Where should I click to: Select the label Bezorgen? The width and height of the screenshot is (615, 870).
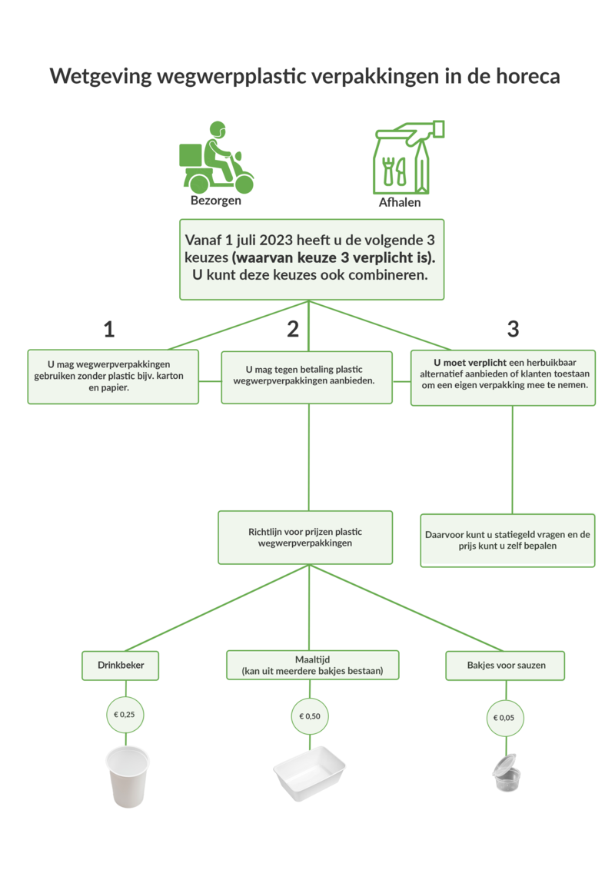(x=216, y=201)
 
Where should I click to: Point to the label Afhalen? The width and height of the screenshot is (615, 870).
(x=400, y=204)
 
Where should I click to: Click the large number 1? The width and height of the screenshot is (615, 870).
(x=109, y=329)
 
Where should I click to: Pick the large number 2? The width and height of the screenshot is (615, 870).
(x=293, y=329)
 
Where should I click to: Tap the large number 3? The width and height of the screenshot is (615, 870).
(x=513, y=329)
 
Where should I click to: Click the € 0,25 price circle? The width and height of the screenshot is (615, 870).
(x=124, y=715)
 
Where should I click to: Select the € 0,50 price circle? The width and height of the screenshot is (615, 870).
(x=310, y=716)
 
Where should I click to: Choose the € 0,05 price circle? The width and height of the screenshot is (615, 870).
(x=505, y=719)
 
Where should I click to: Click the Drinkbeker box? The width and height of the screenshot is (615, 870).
(x=121, y=665)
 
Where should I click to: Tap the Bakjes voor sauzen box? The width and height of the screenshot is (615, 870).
(x=506, y=665)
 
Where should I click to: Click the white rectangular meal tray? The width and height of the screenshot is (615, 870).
(x=310, y=773)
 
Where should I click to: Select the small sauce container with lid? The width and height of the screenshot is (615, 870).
(x=505, y=773)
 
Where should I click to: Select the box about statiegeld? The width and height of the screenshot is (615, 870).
(x=507, y=540)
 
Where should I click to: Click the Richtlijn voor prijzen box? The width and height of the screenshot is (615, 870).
(x=305, y=537)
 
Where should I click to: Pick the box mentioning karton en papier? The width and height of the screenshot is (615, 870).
(x=113, y=377)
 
